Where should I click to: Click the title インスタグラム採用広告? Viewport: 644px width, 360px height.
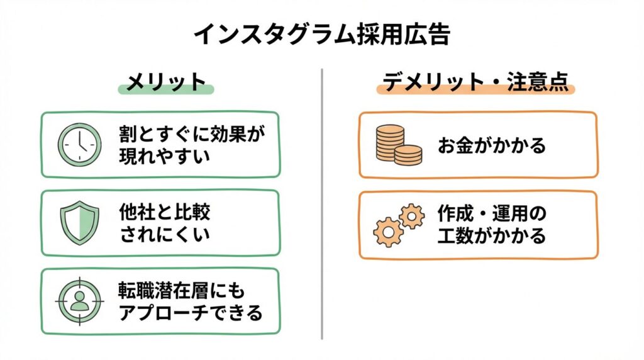pos(321,35)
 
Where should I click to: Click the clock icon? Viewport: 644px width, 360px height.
pos(79,144)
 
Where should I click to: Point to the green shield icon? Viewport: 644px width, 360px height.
pos(79,223)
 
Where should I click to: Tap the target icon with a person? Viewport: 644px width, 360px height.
pos(79,300)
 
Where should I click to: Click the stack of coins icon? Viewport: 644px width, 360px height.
pos(399,145)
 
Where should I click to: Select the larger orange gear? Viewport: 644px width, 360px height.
pos(388,231)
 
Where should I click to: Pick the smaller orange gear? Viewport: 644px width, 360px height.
pos(412,215)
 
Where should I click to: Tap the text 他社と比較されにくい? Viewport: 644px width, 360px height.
pos(165,223)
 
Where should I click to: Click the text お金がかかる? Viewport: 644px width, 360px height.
pos(492,145)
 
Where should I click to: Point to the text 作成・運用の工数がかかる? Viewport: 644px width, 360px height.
pos(492,225)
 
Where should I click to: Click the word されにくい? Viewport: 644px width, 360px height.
pos(164,235)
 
